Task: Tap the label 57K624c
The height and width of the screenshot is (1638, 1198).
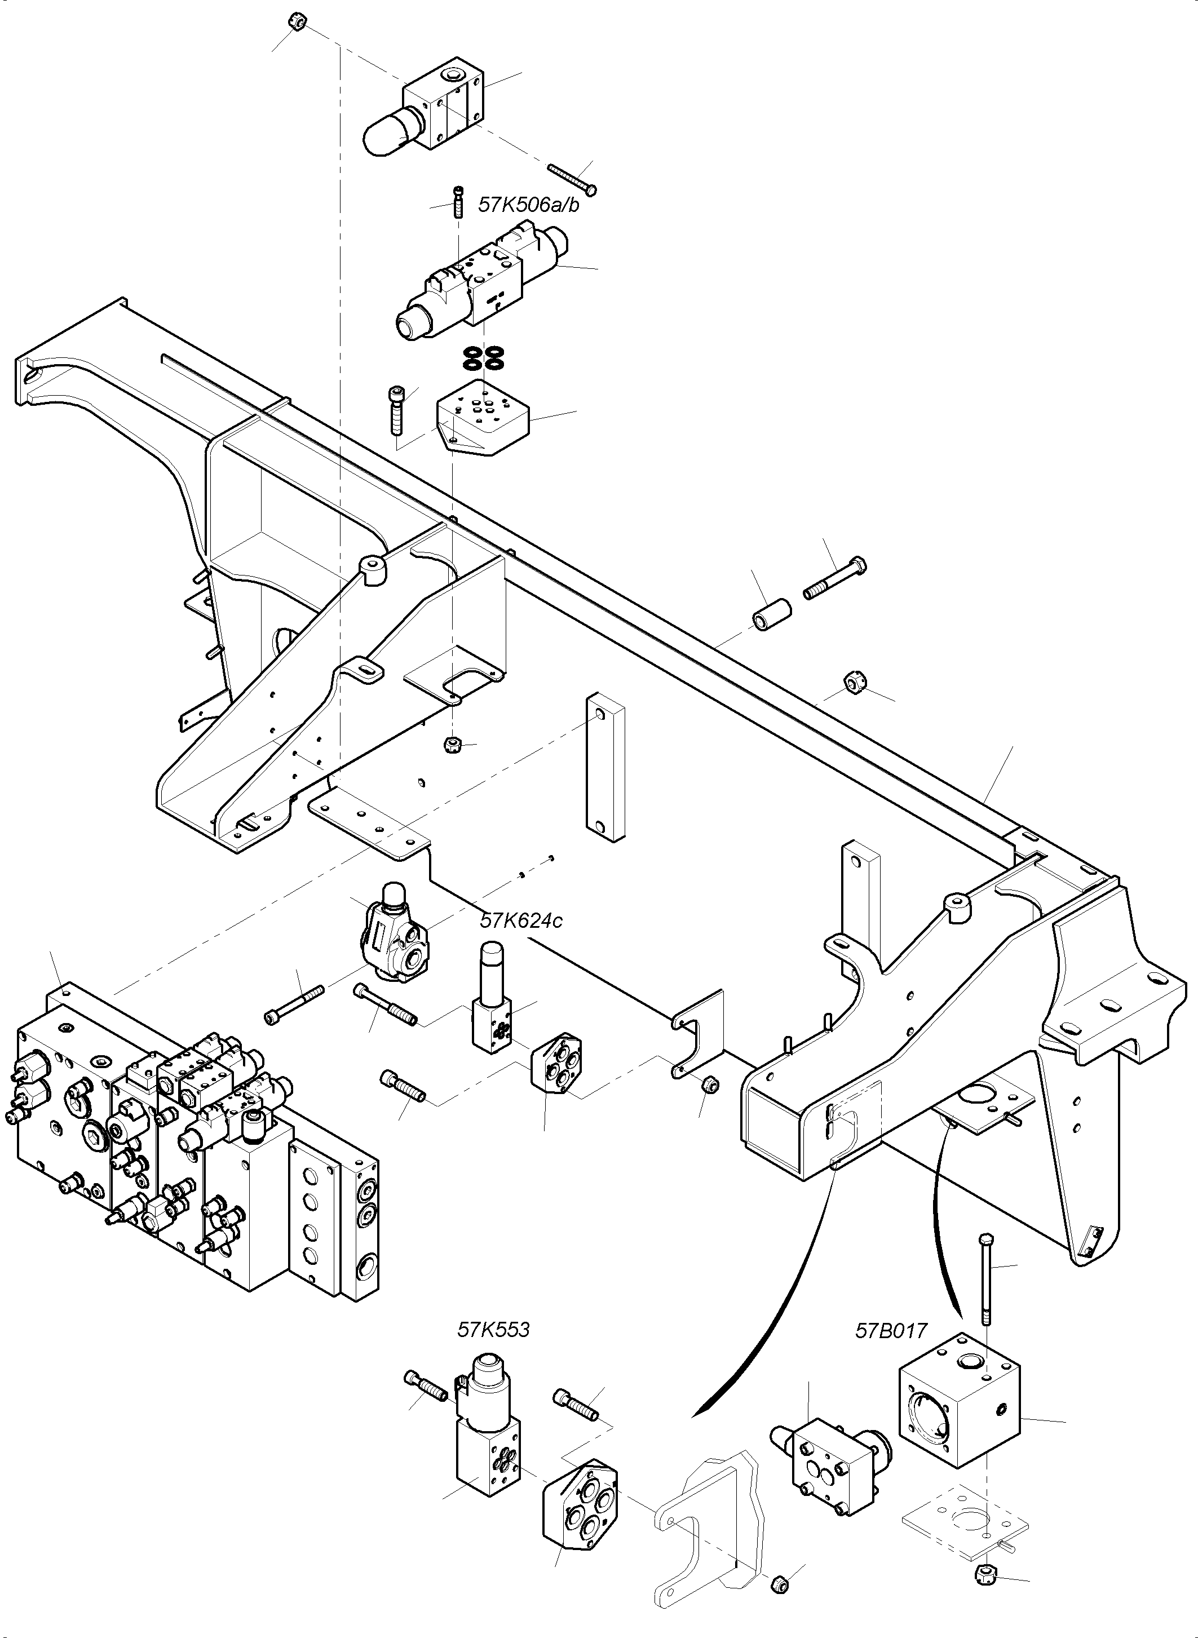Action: click(x=521, y=921)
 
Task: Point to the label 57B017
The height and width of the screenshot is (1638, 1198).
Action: click(x=891, y=1331)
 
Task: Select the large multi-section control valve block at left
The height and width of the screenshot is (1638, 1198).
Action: click(x=188, y=1146)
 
